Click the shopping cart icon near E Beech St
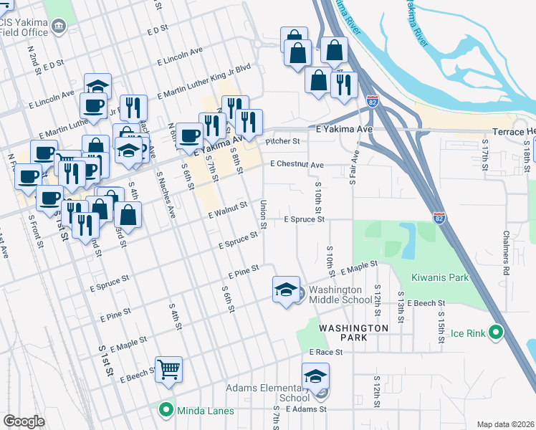click(168, 370)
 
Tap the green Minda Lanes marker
click(166, 410)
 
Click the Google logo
click(24, 421)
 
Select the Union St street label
click(264, 215)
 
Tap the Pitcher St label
click(282, 142)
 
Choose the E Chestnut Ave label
click(297, 165)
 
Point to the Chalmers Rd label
click(505, 243)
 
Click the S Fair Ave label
click(353, 168)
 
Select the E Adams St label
click(306, 408)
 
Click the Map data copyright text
click(505, 424)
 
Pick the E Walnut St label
click(228, 209)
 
